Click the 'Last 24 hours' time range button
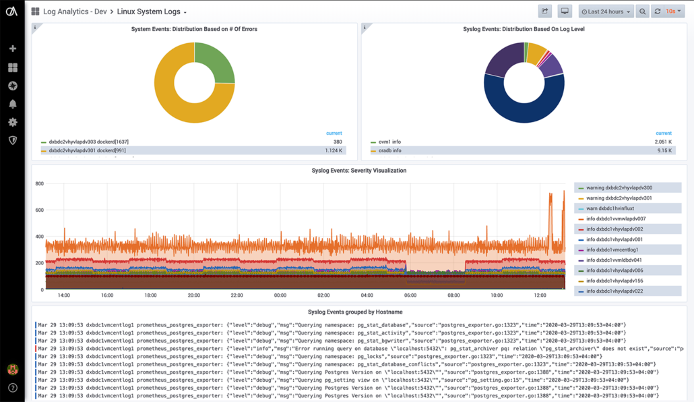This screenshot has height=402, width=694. [606, 11]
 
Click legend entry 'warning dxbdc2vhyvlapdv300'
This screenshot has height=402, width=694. [619, 188]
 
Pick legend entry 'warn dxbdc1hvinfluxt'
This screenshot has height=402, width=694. [610, 208]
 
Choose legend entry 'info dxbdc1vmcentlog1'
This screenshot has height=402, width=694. [612, 250]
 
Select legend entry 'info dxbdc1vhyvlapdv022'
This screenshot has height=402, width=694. [614, 291]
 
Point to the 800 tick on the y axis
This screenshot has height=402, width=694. [39, 183]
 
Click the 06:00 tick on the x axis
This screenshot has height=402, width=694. [410, 295]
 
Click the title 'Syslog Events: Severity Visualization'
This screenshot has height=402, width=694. [358, 171]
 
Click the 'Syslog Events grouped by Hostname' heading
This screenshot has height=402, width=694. [355, 312]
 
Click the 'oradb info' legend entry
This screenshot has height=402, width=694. [389, 150]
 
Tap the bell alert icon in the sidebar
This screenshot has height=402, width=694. [12, 104]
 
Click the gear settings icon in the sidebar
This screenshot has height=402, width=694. [12, 122]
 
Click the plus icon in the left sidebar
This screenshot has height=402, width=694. [12, 49]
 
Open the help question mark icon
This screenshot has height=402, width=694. [12, 388]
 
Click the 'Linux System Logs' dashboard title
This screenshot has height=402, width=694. [148, 11]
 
